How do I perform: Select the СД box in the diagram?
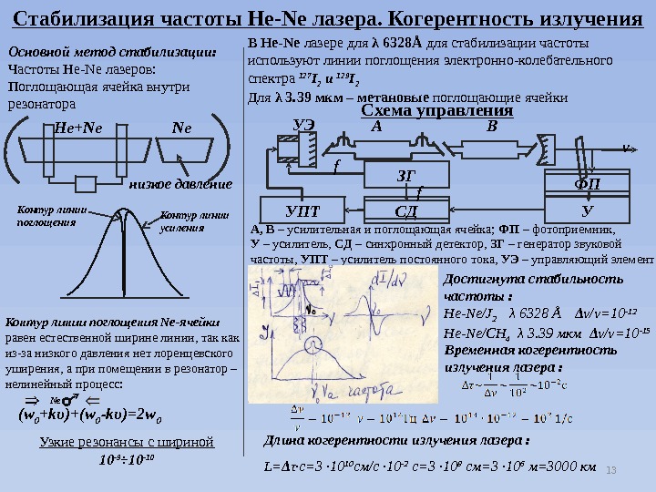point(395,210)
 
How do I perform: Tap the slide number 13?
point(612,468)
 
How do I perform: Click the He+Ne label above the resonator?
point(78,128)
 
